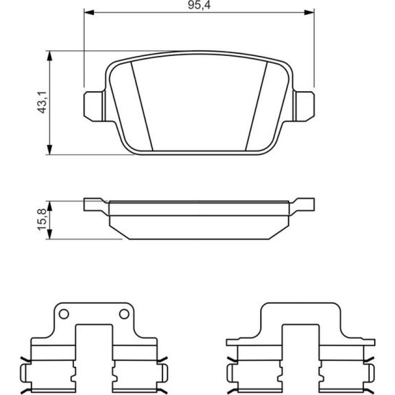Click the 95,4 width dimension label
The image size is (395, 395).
pyautogui.click(x=199, y=5)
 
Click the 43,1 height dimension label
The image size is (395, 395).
pyautogui.click(x=42, y=102)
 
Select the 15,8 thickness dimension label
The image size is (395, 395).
pyautogui.click(x=42, y=220)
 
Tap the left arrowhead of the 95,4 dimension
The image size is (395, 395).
pyautogui.click(x=89, y=12)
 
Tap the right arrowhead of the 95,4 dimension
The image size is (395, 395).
pyautogui.click(x=309, y=12)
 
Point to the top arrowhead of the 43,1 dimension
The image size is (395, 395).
pyautogui.click(x=50, y=56)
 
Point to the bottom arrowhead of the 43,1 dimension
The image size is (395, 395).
pyautogui.click(x=50, y=150)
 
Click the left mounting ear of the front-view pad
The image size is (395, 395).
pyautogui.click(x=93, y=106)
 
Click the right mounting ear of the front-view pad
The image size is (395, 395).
pyautogui.click(x=305, y=106)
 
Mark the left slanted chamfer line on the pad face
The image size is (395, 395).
pyautogui.click(x=142, y=106)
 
